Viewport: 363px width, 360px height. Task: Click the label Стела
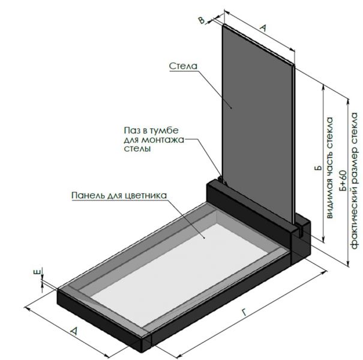(x=183, y=66)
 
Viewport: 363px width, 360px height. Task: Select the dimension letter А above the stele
(x=263, y=28)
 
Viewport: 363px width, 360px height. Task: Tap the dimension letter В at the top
(x=202, y=20)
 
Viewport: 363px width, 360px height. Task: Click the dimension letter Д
(x=74, y=331)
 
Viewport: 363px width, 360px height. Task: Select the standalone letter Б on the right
(x=319, y=167)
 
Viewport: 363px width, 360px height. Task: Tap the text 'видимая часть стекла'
(x=329, y=168)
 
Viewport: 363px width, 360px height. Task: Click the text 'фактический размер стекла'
(x=355, y=181)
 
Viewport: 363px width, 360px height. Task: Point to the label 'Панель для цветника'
(x=119, y=196)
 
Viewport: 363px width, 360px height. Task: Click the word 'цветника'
(x=146, y=196)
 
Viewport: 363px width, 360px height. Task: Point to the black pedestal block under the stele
(x=258, y=222)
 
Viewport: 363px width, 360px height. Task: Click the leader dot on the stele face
(x=231, y=107)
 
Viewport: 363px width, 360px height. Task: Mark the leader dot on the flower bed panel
(x=204, y=237)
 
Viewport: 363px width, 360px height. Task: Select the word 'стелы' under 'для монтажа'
(x=137, y=148)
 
